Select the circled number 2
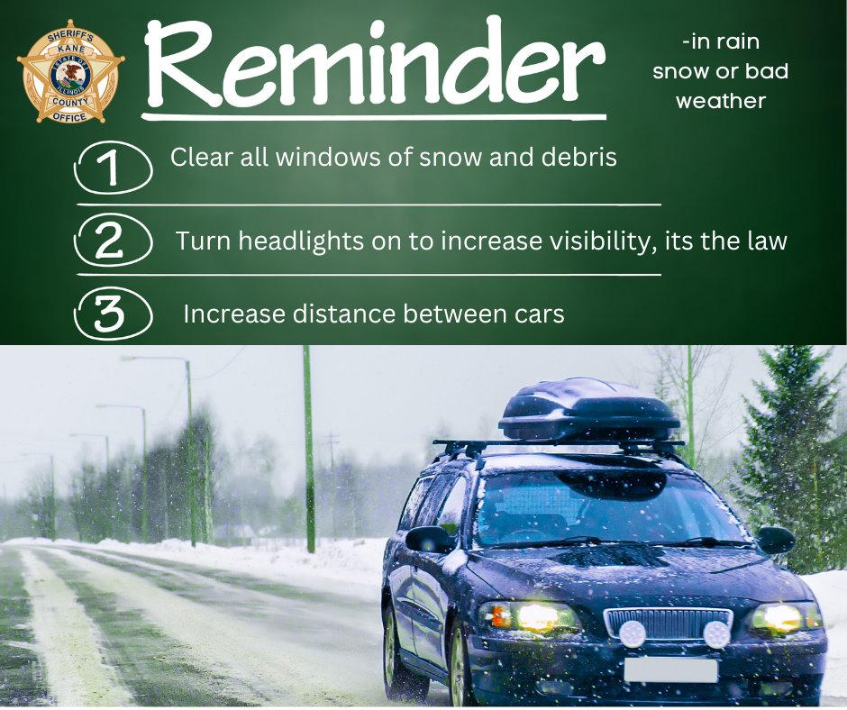click(113, 241)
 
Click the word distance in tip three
click(338, 314)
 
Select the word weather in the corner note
click(720, 101)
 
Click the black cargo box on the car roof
click(590, 410)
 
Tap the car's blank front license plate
click(670, 670)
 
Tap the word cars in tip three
click(535, 314)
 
